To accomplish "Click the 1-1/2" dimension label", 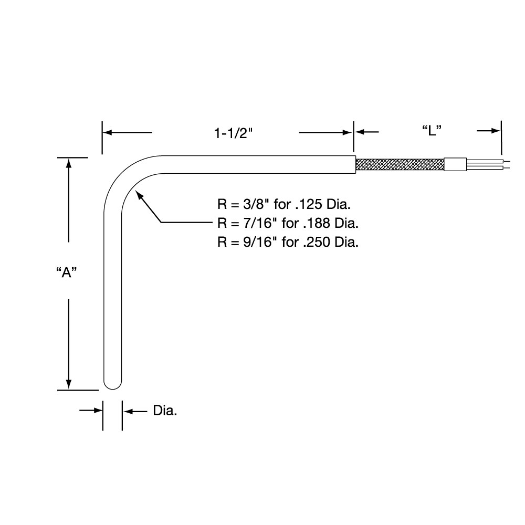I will [234, 133].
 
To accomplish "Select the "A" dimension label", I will [67, 272].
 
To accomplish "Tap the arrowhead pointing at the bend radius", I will [139, 196].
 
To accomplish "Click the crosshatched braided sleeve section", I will [400, 165].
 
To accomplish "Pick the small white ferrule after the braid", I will [455, 165].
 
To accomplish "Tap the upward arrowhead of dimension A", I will [68, 162].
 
